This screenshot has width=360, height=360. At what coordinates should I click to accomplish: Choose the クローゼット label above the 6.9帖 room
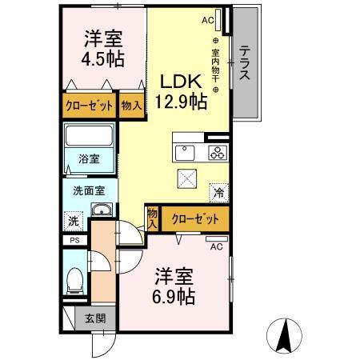(195, 217)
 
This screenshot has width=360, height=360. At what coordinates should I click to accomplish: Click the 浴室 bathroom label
(88, 159)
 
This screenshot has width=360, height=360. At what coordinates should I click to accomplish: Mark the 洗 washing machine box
(74, 221)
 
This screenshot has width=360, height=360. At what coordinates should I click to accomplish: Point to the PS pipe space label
(74, 240)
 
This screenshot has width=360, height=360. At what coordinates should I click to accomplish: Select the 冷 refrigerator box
(218, 191)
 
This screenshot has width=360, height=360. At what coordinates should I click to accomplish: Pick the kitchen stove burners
(217, 152)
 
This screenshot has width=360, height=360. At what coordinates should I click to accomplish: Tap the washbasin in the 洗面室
(102, 210)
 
